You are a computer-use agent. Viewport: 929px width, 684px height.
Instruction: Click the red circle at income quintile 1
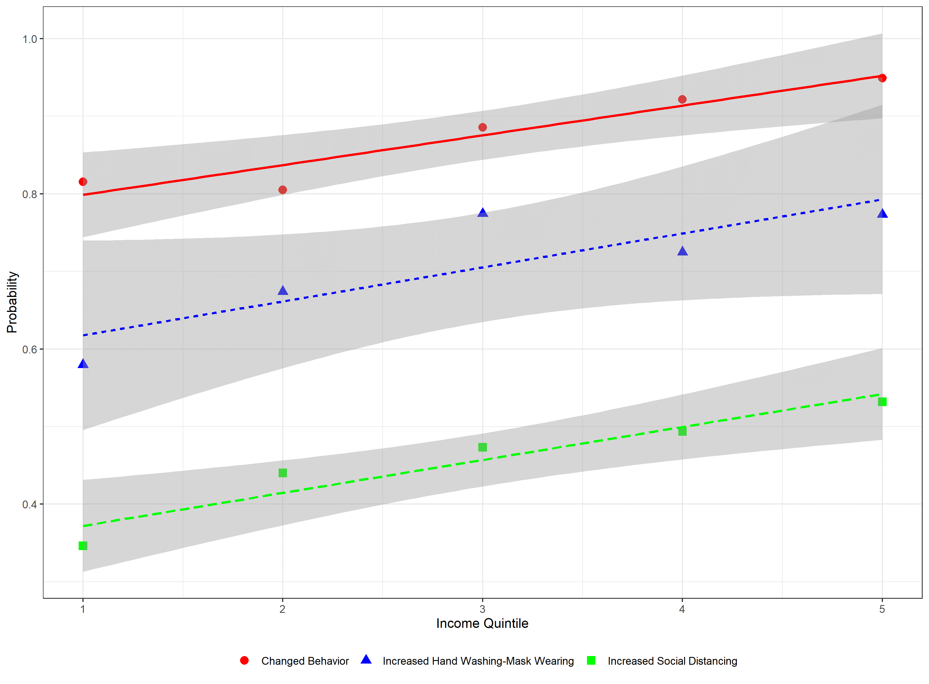[x=83, y=182]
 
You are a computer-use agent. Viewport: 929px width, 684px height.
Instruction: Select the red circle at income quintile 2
[x=282, y=190]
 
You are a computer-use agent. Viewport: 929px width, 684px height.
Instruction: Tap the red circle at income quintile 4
[x=682, y=99]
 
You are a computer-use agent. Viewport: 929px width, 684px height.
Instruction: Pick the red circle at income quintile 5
[x=882, y=78]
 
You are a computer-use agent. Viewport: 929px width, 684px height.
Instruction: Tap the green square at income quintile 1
[x=83, y=546]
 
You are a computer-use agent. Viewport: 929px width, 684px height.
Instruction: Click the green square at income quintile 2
[x=282, y=473]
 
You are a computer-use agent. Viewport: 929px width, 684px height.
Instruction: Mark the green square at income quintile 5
[x=882, y=402]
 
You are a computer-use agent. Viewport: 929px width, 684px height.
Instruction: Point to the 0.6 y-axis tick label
[x=29, y=349]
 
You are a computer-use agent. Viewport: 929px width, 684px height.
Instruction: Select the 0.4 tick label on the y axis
[x=29, y=505]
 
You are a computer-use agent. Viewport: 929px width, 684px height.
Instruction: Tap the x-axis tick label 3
[x=483, y=609]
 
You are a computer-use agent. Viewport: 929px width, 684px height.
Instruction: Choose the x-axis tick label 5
[x=882, y=609]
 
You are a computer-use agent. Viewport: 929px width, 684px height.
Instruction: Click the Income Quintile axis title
[x=482, y=624]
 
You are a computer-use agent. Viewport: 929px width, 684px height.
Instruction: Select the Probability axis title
[x=12, y=302]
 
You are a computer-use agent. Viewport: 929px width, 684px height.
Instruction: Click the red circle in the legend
[x=244, y=660]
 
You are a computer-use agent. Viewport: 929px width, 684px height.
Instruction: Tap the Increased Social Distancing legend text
[x=672, y=661]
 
